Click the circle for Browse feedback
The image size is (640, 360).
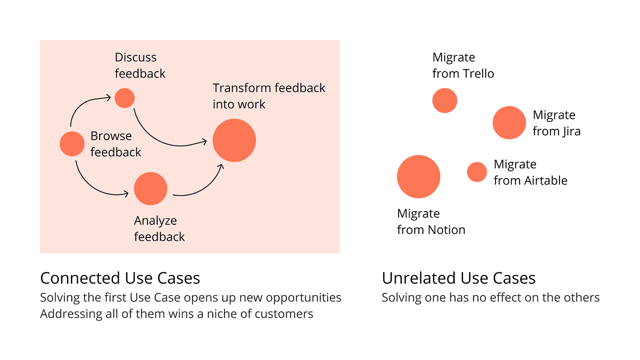(x=72, y=143)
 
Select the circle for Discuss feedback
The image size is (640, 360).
(x=124, y=98)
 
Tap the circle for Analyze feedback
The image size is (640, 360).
(x=151, y=189)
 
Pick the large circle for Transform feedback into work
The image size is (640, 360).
(x=234, y=140)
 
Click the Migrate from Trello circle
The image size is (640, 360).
(x=445, y=101)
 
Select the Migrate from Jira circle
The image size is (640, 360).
(x=509, y=122)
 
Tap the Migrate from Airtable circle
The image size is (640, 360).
(x=477, y=172)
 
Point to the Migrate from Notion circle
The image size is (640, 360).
(x=418, y=176)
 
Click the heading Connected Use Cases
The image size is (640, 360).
(x=120, y=278)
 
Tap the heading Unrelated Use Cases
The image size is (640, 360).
(x=459, y=278)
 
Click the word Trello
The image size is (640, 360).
(x=478, y=74)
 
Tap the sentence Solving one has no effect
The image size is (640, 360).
(x=491, y=298)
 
